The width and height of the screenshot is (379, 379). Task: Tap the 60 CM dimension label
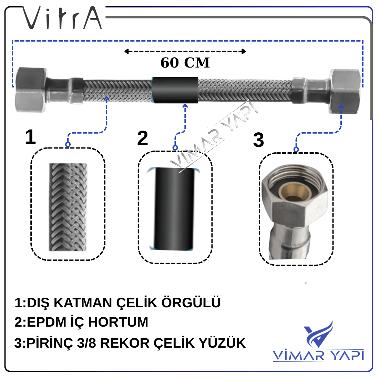coord(185,63)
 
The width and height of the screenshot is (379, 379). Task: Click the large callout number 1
coord(31,137)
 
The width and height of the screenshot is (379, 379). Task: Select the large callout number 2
coord(143,138)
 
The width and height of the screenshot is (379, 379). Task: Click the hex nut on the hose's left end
coord(31,90)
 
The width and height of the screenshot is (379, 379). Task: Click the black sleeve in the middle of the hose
coord(175,90)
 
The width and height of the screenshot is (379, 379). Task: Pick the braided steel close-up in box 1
coord(68,207)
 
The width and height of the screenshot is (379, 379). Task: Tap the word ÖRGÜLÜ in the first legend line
coord(191,302)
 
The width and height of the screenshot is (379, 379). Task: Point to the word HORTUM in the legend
coord(118,322)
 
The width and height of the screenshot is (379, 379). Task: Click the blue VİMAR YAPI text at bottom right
coord(318,355)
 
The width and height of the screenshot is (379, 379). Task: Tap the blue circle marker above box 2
coord(175,148)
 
